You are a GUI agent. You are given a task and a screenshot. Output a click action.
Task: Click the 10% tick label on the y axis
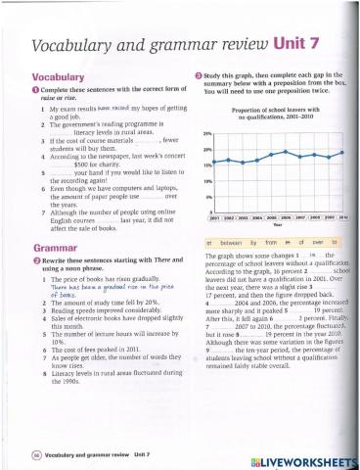206,181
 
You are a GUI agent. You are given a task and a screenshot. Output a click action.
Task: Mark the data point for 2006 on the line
291,155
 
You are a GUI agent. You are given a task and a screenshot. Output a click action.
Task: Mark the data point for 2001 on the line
217,161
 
